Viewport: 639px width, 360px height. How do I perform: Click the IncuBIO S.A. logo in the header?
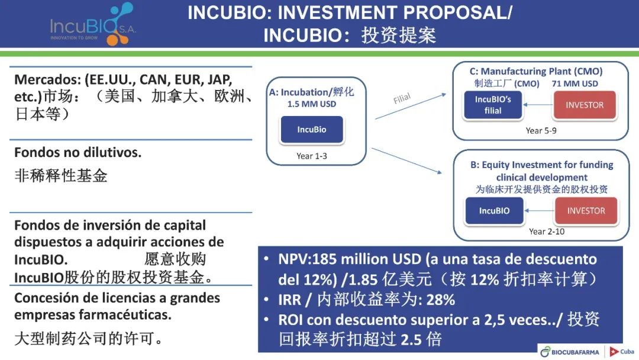pos(93,24)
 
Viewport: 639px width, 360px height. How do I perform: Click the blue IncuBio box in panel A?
pos(312,130)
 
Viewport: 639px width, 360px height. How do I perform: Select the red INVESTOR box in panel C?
pos(585,105)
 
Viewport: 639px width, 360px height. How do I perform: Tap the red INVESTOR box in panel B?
pos(586,211)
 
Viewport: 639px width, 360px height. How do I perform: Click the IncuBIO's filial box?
pos(493,105)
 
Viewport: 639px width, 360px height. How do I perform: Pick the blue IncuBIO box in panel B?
pos(494,211)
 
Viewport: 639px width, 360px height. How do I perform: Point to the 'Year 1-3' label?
pos(312,156)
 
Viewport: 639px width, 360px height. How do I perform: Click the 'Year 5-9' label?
pos(541,130)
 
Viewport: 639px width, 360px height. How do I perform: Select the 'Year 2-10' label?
pos(547,232)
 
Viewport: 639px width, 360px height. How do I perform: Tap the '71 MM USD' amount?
pos(575,83)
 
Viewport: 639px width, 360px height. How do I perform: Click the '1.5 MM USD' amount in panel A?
pos(312,104)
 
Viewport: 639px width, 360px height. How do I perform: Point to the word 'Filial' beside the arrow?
pos(402,99)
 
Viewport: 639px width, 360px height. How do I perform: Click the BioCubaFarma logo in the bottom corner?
pos(570,352)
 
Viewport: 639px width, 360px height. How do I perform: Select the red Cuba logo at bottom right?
pos(622,352)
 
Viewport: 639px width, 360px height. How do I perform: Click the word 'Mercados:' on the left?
pos(48,79)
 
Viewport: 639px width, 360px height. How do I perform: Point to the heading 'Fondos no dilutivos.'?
pos(78,153)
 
